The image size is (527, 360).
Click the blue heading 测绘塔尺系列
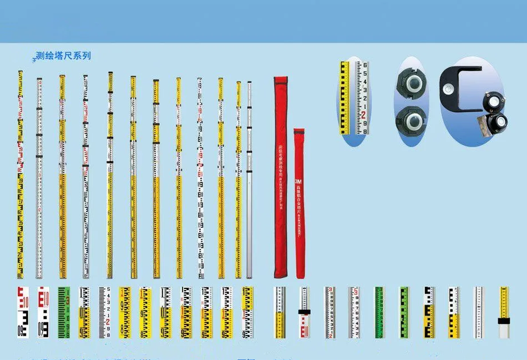[x=63, y=56]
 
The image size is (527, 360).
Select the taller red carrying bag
[x=281, y=178]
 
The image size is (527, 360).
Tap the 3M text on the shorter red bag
[x=298, y=181]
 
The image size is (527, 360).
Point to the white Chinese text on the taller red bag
[x=281, y=166]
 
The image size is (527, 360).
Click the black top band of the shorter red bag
[x=299, y=131]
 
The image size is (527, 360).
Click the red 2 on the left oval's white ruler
[x=364, y=115]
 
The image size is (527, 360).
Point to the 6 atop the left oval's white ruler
[x=364, y=65]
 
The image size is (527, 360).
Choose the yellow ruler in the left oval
[x=345, y=97]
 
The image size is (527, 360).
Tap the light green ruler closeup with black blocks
[x=404, y=312]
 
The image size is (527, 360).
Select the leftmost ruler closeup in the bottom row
[x=22, y=312]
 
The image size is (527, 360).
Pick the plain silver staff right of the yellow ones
[x=249, y=178]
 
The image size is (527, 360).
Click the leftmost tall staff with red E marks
[x=20, y=175]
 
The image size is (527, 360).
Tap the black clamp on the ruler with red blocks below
[x=303, y=312]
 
